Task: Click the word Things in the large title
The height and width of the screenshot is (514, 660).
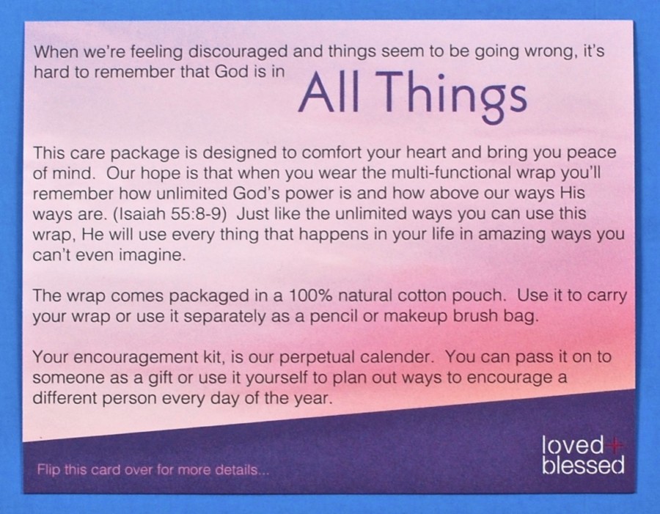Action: pyautogui.click(x=453, y=95)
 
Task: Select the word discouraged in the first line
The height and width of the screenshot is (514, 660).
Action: pyautogui.click(x=238, y=51)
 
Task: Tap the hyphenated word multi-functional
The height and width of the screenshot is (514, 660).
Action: pyautogui.click(x=450, y=172)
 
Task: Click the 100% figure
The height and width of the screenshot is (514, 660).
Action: pyautogui.click(x=309, y=295)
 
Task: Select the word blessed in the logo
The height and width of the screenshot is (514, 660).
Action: pyautogui.click(x=583, y=465)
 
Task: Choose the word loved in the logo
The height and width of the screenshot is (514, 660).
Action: pyautogui.click(x=573, y=444)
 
